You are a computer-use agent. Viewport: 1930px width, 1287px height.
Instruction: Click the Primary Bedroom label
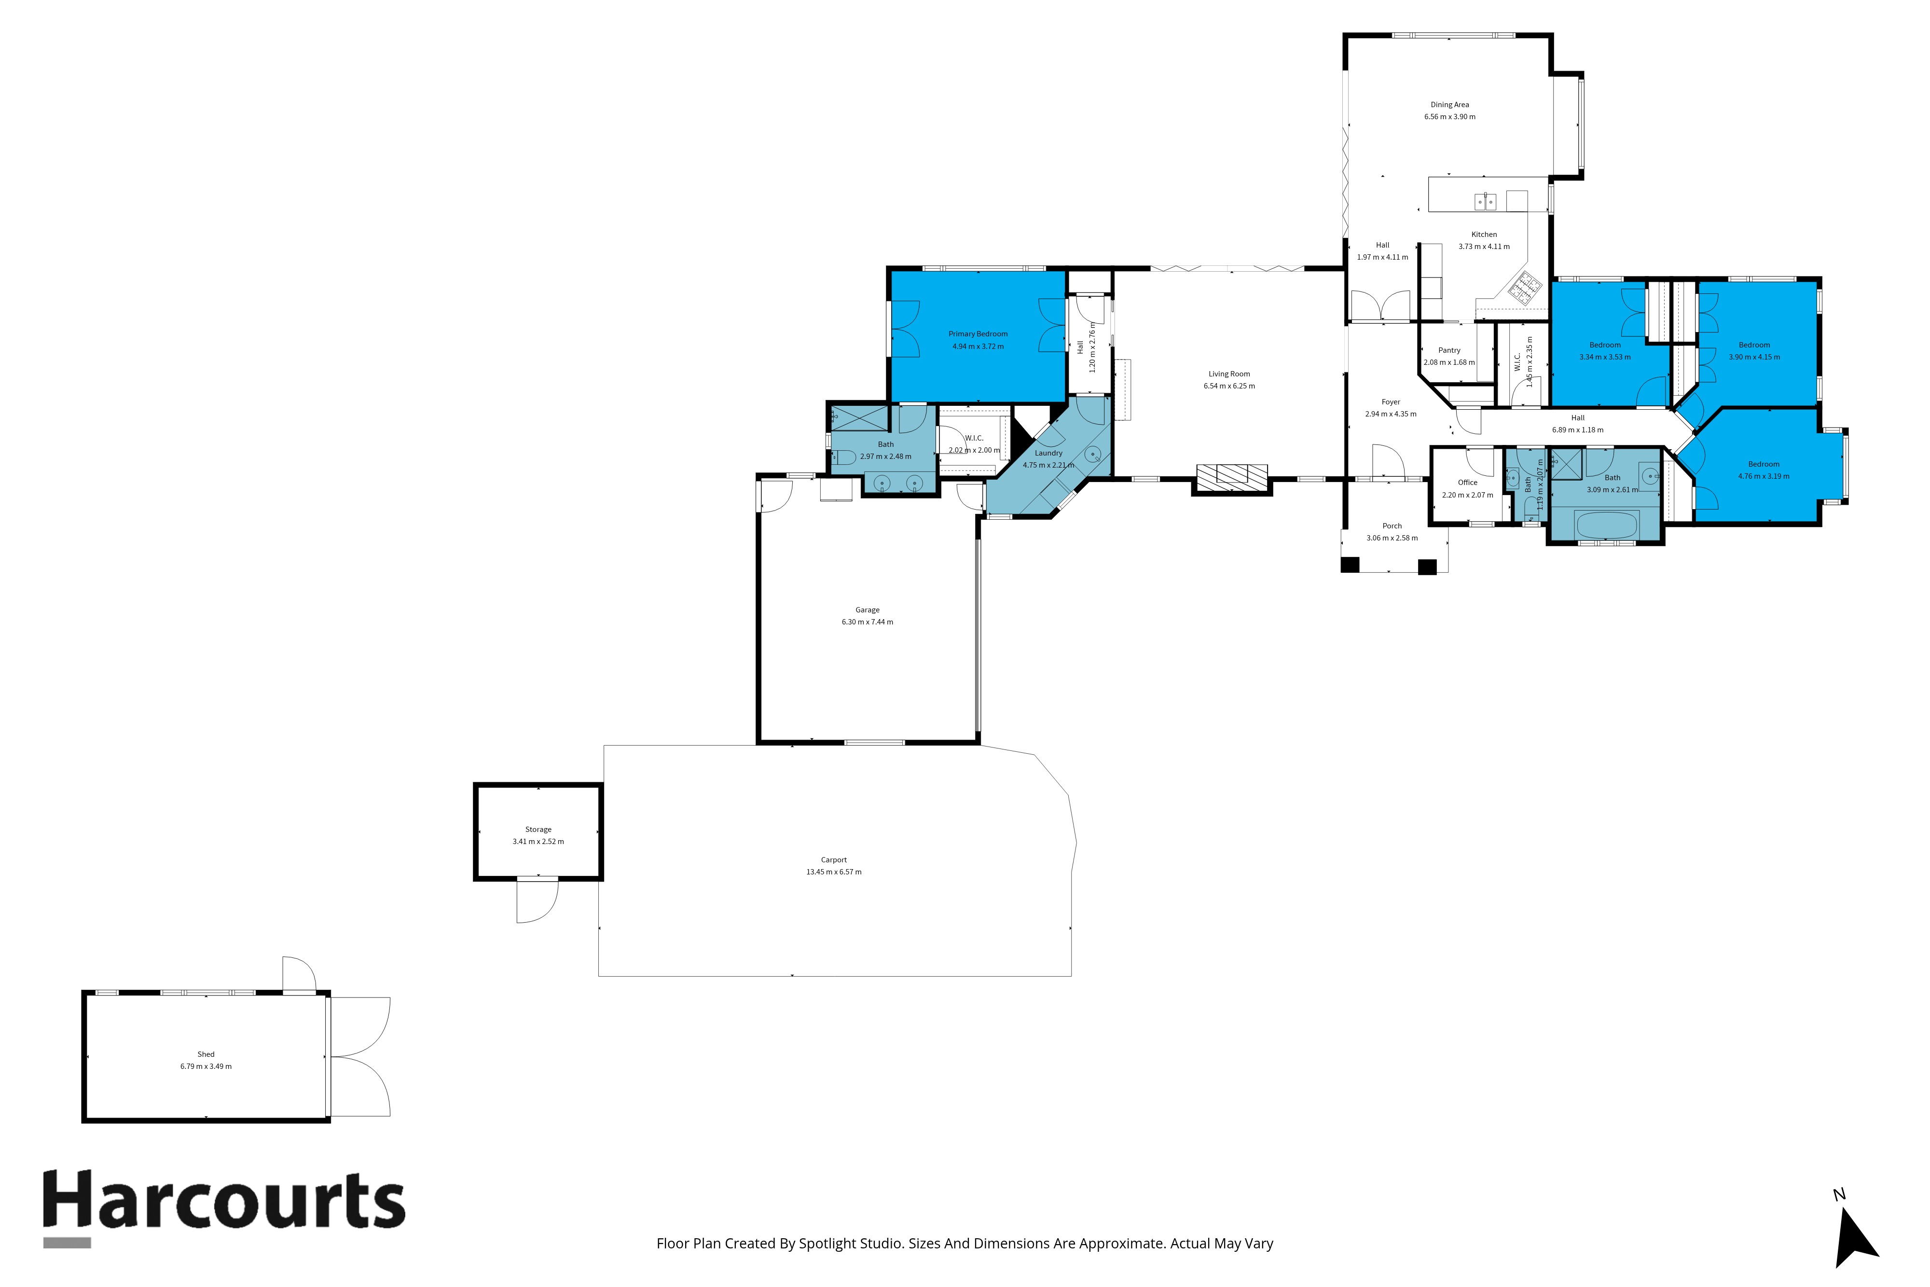click(978, 334)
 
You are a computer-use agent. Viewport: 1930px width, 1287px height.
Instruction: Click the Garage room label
click(868, 610)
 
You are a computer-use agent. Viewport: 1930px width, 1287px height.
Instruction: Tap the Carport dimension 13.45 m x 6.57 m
click(834, 872)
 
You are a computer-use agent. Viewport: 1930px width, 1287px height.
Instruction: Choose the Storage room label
click(538, 830)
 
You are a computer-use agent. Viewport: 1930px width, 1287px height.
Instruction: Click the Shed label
click(206, 1055)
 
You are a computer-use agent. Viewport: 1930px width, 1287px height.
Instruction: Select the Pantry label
click(1449, 350)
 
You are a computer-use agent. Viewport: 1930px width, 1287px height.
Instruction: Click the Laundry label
click(1048, 453)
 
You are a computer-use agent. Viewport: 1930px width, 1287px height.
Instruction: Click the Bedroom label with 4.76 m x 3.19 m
click(1764, 465)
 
